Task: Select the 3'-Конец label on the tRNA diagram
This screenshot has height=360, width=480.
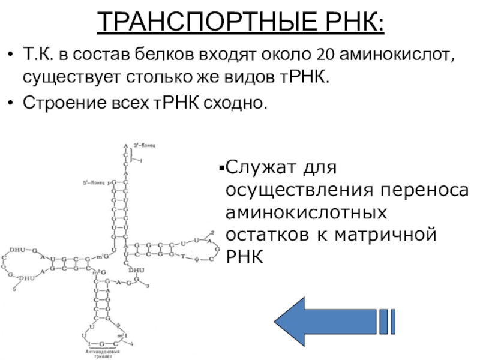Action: click(146, 145)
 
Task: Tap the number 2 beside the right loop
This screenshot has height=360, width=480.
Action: click(212, 232)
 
